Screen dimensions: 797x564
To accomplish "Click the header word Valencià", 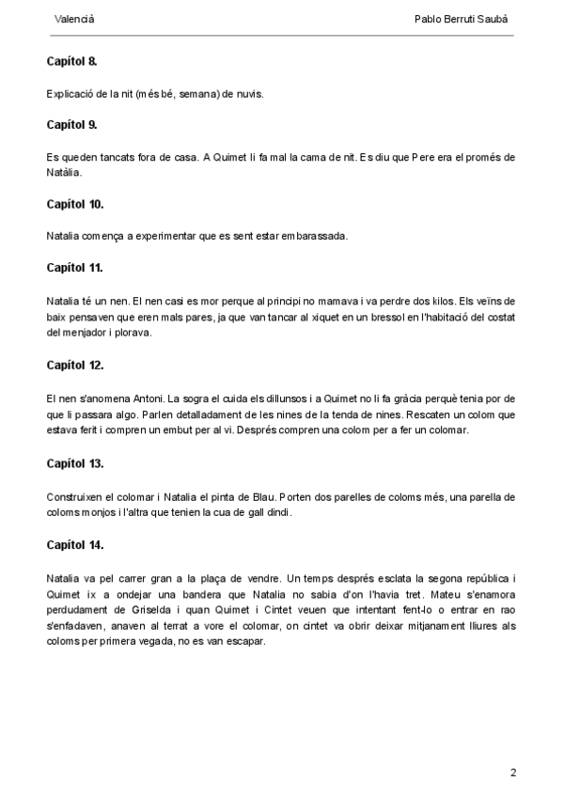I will (74, 19).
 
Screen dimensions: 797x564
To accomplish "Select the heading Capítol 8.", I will (71, 62).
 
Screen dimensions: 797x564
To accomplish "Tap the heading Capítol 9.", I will (71, 124).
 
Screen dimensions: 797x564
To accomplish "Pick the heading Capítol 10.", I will (75, 204).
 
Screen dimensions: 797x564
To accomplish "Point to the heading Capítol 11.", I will (74, 268).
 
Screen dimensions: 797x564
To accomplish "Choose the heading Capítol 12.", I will (75, 365).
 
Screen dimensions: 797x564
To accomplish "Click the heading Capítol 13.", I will (75, 463).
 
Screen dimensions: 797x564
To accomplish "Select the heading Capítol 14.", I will (75, 544).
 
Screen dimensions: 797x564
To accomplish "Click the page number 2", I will (513, 773).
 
